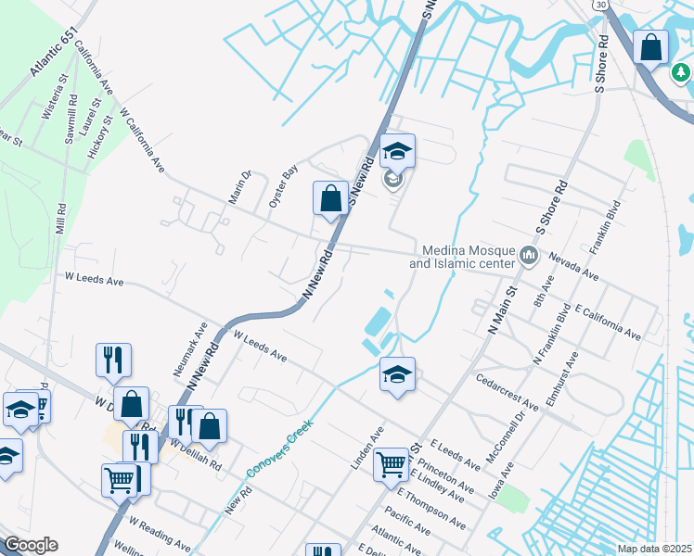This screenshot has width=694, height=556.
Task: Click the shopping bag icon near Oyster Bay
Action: (330, 197)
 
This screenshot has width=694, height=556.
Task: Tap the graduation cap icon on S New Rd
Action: (396, 151)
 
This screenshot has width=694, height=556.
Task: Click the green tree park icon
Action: (681, 71)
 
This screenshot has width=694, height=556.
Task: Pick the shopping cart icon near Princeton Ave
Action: (392, 463)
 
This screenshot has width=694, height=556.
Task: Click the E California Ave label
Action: (608, 320)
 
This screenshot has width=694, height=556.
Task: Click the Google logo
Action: (30, 545)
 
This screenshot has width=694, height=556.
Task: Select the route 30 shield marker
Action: (602, 6)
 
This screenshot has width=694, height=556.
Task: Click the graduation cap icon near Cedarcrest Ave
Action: (397, 374)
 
